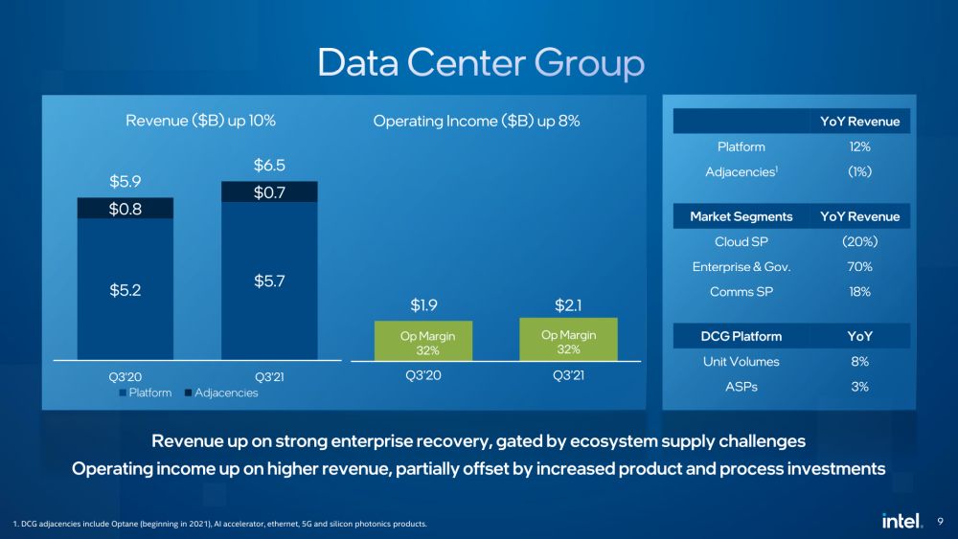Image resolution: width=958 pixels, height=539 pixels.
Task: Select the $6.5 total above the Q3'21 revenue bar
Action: tap(268, 166)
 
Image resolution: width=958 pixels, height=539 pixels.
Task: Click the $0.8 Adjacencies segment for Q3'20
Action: tap(125, 208)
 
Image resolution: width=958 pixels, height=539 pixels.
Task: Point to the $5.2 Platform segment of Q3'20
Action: tap(125, 288)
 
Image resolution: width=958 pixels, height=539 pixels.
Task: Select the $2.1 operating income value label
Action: tap(568, 305)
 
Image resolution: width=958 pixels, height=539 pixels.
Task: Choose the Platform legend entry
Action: tap(146, 393)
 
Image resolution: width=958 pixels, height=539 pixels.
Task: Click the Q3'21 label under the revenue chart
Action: tap(268, 376)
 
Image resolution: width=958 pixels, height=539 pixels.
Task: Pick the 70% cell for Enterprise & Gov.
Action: tap(859, 266)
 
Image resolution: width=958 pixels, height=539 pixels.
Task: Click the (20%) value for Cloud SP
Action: tap(859, 241)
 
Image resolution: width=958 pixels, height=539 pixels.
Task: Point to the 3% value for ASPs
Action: tap(859, 387)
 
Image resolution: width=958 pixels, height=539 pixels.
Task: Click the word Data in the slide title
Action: tap(358, 63)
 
